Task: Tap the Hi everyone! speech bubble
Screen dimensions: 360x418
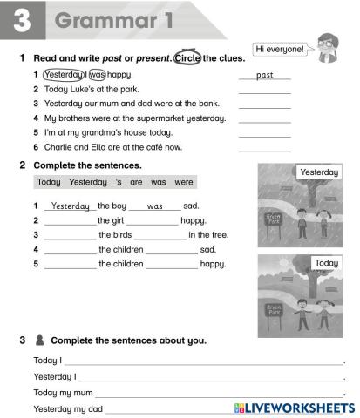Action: tap(280, 50)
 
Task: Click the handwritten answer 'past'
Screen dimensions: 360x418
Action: tap(264, 75)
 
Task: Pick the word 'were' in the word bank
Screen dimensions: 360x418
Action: tap(183, 183)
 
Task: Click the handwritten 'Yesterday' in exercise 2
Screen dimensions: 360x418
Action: tap(70, 206)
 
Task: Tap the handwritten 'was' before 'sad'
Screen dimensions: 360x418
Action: tap(155, 206)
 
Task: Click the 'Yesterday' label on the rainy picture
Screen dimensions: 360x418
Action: tap(319, 172)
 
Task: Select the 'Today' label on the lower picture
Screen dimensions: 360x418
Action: tap(326, 263)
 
